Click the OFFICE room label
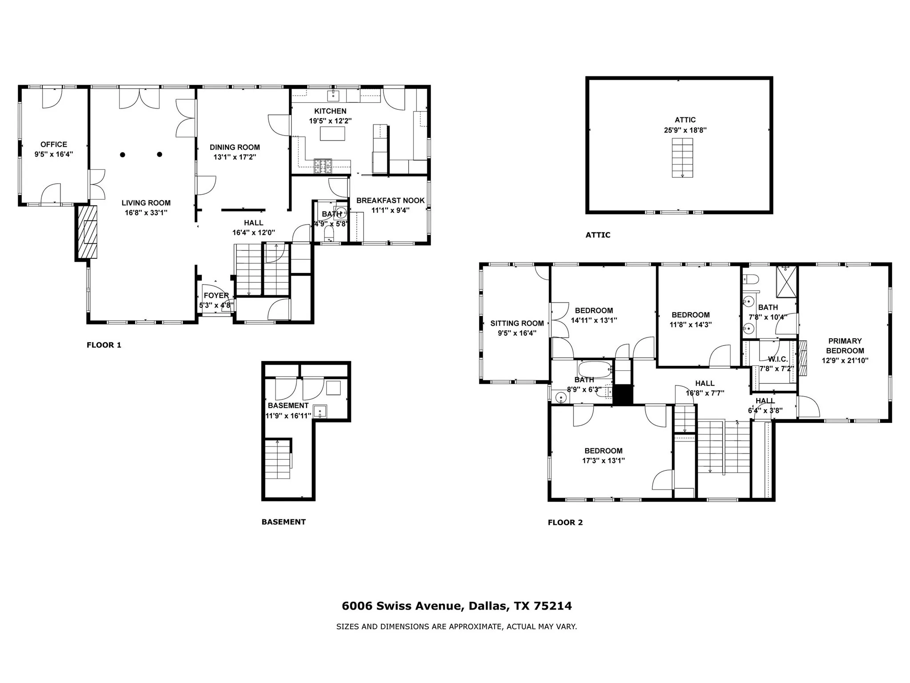(54, 145)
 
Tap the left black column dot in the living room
(123, 155)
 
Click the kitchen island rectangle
(332, 133)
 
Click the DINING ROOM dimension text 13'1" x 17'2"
(235, 157)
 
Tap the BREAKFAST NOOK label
(390, 201)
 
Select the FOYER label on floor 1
(216, 296)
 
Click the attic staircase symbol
(682, 157)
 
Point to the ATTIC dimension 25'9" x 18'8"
(685, 130)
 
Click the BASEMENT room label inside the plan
(288, 406)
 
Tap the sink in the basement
(320, 411)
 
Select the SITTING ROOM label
(517, 323)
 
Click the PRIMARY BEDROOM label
(845, 346)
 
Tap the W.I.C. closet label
(778, 359)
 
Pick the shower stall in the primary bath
(786, 282)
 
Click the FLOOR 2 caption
(565, 522)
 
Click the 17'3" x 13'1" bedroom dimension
(603, 461)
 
